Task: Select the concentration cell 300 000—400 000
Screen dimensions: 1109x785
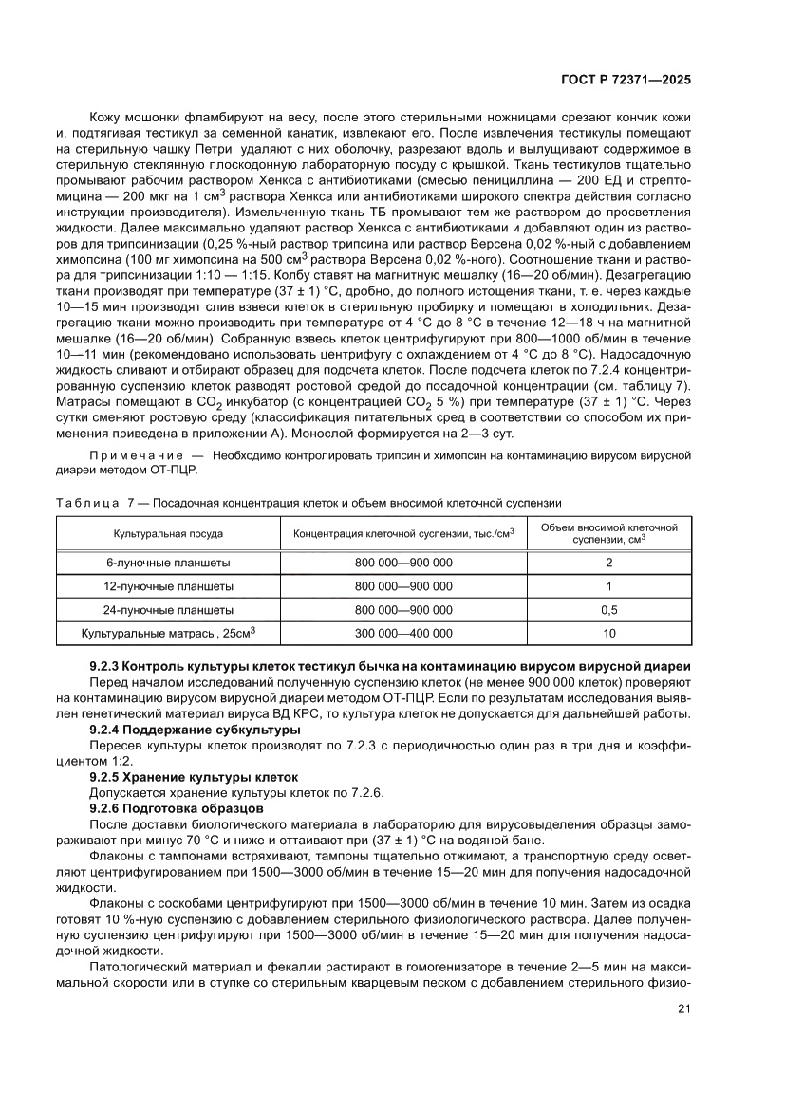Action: (x=403, y=634)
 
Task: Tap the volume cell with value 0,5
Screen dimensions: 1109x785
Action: (x=609, y=610)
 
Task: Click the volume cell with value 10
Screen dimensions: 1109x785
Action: (x=609, y=634)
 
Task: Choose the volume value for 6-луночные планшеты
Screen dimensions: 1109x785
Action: (x=609, y=563)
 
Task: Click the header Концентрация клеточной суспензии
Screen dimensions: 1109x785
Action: (x=403, y=534)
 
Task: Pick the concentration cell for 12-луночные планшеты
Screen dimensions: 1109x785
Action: (x=403, y=586)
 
